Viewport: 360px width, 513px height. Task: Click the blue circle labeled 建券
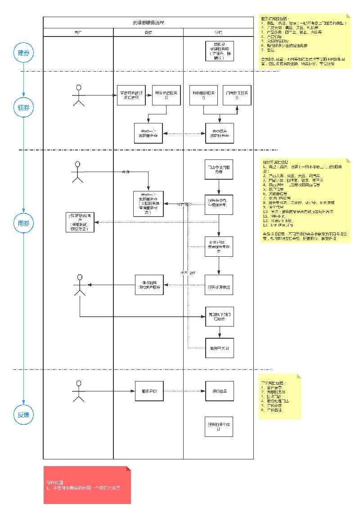[23, 53]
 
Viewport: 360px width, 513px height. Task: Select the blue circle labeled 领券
[23, 108]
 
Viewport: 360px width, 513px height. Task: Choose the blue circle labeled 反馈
[23, 415]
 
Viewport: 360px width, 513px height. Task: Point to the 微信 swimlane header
[148, 32]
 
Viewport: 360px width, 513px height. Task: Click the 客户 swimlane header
[78, 32]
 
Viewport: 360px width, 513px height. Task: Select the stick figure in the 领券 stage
[79, 95]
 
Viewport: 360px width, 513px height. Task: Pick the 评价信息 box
[219, 390]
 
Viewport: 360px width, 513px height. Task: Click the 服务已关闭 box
[219, 348]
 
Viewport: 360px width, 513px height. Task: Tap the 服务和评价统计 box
[219, 427]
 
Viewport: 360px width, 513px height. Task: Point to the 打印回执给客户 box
[81, 222]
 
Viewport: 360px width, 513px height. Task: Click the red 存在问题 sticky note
[87, 485]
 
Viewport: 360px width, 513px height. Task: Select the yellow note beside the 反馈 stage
[279, 397]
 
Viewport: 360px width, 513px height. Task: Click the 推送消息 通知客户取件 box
[148, 285]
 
